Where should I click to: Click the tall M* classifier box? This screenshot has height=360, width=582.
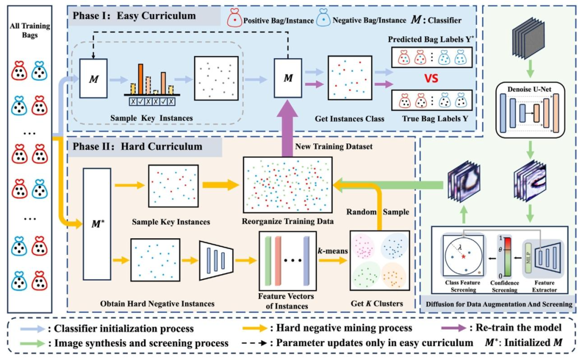coord(97,224)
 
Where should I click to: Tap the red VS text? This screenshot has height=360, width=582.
coord(431,79)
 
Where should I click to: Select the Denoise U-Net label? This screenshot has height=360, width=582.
coord(530,89)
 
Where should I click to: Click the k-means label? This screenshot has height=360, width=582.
coord(332,251)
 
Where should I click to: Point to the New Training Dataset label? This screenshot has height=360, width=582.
coord(334,147)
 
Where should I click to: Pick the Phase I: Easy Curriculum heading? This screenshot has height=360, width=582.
coord(134,16)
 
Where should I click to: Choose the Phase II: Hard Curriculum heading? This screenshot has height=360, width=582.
coord(137,146)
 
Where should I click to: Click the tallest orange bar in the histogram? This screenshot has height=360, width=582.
coord(141,79)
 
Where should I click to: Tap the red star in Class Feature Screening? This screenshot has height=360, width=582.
coord(463,257)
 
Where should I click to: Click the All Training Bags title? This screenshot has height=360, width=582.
coord(30,30)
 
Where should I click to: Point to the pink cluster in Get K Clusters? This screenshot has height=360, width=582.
coord(363,246)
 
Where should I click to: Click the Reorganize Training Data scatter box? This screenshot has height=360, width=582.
coord(287,185)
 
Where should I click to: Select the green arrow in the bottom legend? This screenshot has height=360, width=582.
coord(33,343)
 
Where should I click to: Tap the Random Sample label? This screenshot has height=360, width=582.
coord(378,212)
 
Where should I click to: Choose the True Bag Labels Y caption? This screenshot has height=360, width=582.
coord(435,119)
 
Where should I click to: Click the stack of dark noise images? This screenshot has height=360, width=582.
coord(528,38)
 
